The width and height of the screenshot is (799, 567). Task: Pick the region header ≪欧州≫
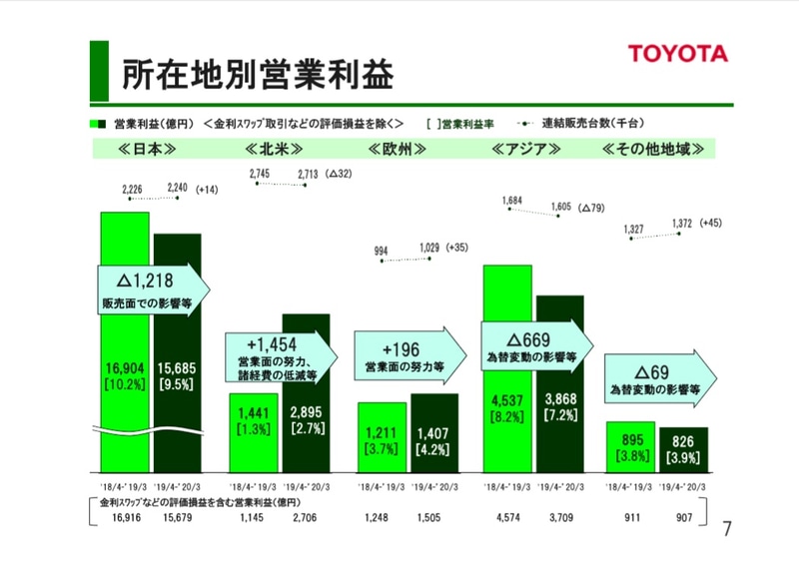point(398,150)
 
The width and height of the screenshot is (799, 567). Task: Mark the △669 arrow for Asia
point(535,345)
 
